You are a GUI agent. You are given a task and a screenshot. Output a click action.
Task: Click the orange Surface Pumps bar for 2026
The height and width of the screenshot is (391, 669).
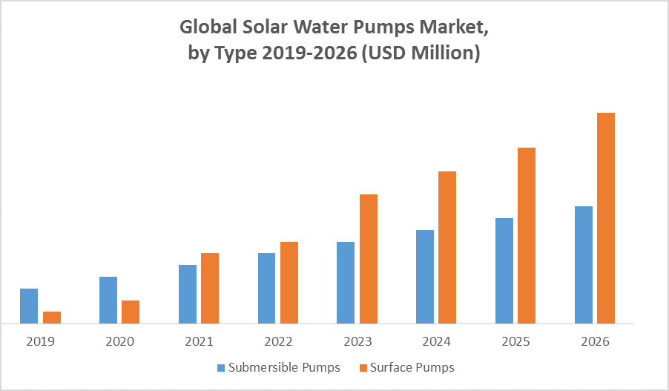point(606,218)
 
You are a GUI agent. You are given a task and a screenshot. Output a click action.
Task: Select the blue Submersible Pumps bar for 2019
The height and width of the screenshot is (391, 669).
point(29,306)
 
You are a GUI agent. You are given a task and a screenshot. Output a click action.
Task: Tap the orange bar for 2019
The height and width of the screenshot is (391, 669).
point(52,318)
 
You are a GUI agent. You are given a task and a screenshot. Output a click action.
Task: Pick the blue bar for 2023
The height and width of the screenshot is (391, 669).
point(346,283)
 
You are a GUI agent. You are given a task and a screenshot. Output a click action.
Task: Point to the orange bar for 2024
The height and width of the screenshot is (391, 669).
point(447,247)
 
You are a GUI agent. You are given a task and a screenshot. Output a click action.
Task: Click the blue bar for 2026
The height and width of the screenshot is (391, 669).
point(584,265)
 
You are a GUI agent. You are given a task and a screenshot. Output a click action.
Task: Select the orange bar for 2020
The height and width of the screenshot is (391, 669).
point(131,312)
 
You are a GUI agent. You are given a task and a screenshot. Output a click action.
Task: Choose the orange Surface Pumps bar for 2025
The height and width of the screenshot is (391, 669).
point(527,235)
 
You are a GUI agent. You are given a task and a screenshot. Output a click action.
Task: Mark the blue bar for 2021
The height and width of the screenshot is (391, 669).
point(188,294)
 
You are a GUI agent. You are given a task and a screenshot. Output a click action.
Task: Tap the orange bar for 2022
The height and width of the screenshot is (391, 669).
point(289,283)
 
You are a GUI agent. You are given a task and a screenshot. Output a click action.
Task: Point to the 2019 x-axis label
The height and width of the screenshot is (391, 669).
point(40,342)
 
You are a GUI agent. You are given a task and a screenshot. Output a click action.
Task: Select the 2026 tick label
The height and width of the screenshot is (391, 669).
point(595,342)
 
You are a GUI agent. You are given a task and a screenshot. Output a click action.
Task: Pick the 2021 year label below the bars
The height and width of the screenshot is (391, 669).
point(199,342)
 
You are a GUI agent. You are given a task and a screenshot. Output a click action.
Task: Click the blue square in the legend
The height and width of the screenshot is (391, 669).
point(221,367)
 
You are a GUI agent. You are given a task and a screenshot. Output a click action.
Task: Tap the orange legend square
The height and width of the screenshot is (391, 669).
point(363,367)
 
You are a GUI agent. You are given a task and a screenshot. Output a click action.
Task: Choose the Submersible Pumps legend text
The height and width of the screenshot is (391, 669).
point(284,367)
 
